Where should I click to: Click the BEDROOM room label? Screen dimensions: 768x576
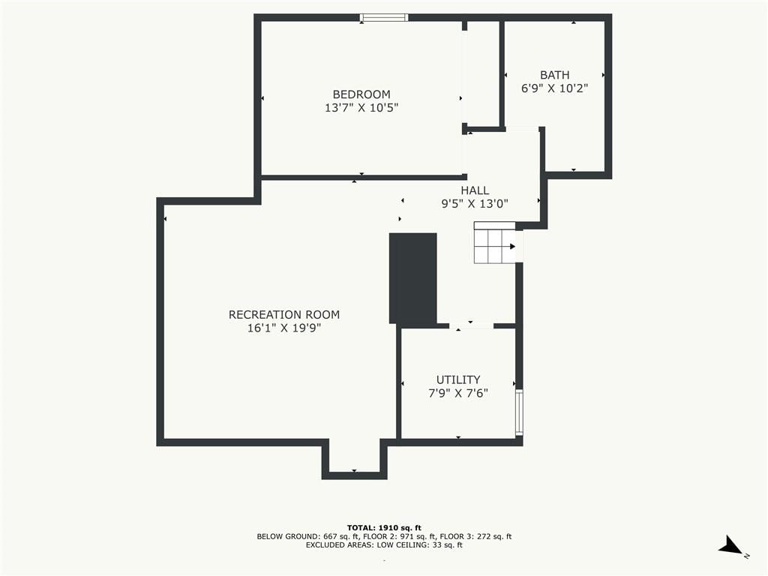tap(361, 94)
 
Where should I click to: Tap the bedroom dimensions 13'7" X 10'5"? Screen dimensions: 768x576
tap(361, 108)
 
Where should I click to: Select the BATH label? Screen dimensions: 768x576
tap(554, 75)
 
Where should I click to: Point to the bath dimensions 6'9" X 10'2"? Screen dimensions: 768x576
tap(554, 88)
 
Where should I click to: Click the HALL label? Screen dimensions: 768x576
tap(475, 190)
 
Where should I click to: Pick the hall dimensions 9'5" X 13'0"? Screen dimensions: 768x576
tap(475, 204)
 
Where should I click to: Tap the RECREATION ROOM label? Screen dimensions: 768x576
tap(284, 314)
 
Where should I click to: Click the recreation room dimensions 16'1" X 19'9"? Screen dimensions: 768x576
tap(284, 328)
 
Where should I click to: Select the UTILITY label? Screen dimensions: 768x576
tap(458, 379)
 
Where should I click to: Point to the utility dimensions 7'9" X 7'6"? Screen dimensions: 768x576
tap(458, 393)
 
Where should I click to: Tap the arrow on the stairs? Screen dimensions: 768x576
tap(512, 246)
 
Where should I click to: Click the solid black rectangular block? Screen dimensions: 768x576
tap(413, 278)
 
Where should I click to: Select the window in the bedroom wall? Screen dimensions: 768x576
tap(384, 18)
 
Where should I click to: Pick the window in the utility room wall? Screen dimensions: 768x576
tap(519, 412)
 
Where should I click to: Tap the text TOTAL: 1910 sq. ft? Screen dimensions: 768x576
tap(384, 527)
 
